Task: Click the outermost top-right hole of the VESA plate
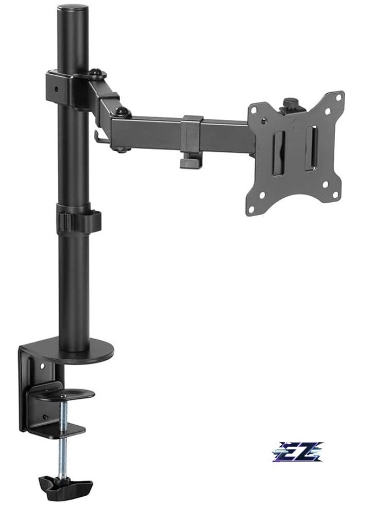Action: click(x=339, y=95)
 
